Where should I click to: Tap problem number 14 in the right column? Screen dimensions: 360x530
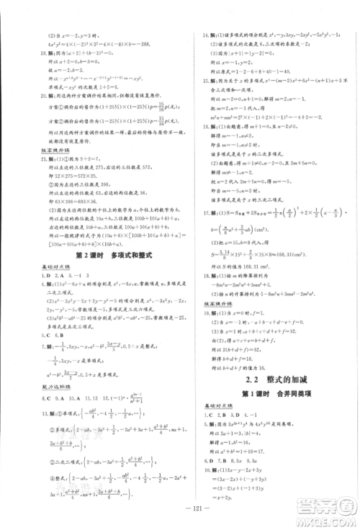(x=206, y=35)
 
